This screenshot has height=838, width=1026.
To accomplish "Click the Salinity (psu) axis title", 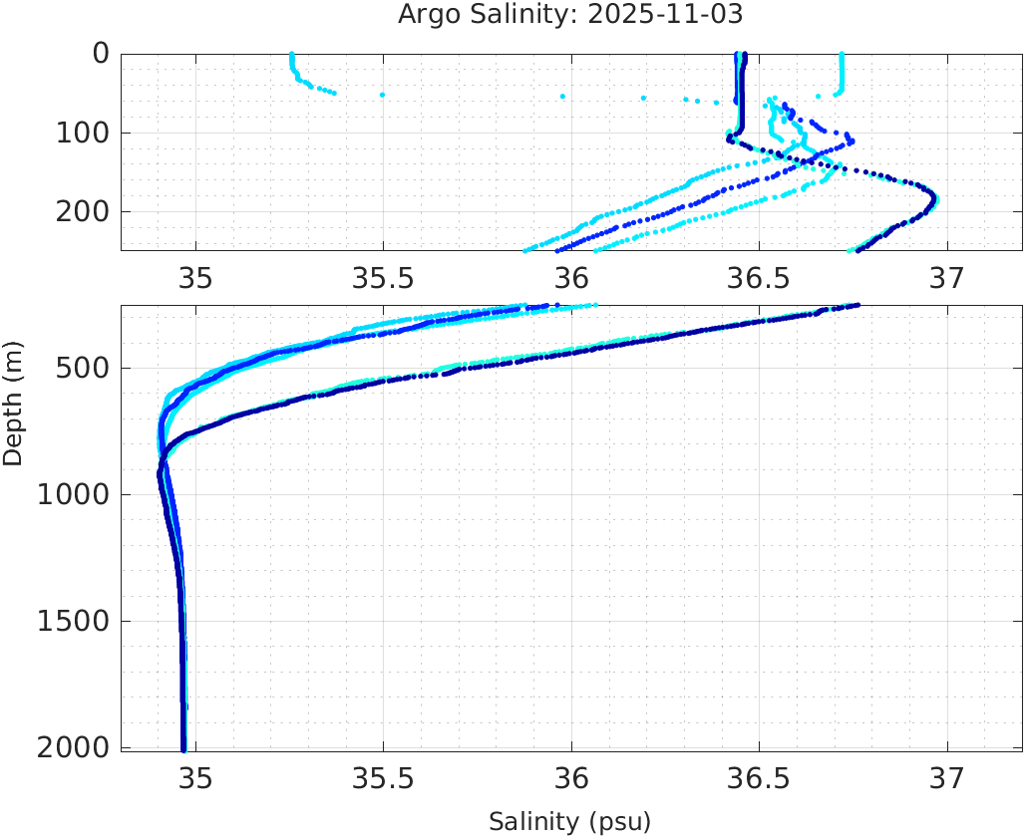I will (x=569, y=822).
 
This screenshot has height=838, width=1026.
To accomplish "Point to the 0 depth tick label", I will (x=102, y=54).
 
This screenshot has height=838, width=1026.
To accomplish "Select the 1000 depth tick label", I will (x=73, y=494).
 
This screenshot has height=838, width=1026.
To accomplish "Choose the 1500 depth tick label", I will (x=73, y=621).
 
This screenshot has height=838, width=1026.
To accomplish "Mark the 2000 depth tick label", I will (x=73, y=747).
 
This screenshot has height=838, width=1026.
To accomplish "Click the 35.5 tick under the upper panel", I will (x=384, y=277).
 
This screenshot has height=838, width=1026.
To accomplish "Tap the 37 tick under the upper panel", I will (x=947, y=277).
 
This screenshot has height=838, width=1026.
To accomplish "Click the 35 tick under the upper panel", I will (x=196, y=277).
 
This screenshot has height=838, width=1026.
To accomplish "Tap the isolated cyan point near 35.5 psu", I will (x=383, y=96).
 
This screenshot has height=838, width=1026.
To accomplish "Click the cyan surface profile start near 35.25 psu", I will (x=291, y=56).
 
